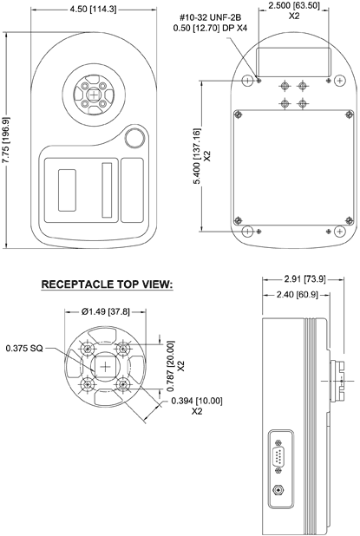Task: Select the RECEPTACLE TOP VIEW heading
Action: [x=107, y=284]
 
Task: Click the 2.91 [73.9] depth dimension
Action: [x=304, y=279]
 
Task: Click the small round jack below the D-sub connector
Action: [x=278, y=490]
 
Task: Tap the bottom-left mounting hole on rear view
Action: [x=249, y=232]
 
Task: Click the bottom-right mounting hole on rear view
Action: [x=337, y=232]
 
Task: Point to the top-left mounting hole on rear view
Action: [x=249, y=80]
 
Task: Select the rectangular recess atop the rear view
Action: [x=292, y=63]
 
